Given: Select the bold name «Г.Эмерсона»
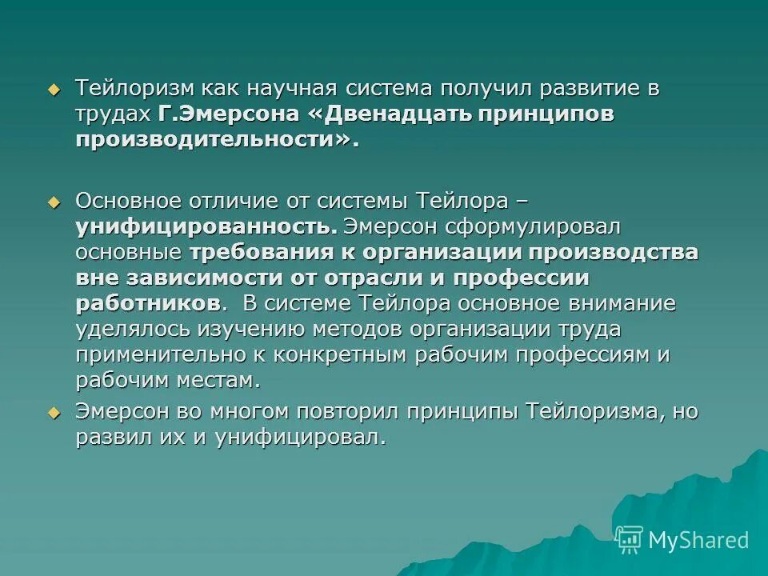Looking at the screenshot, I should (x=229, y=114).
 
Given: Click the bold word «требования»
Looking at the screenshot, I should (x=264, y=252).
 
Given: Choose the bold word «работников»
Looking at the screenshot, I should (x=148, y=304).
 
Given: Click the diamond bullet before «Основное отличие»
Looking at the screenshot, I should (x=54, y=200).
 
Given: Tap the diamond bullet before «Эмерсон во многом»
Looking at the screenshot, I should (x=54, y=413).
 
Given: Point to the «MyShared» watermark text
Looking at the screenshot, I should (x=698, y=540).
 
